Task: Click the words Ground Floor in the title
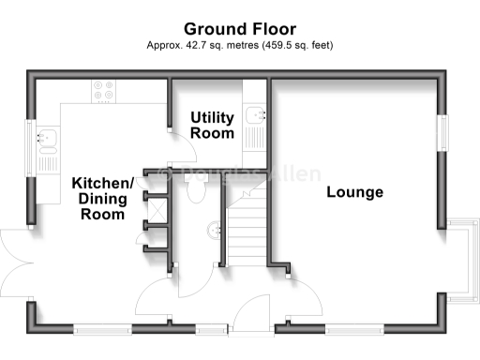pyautogui.click(x=240, y=28)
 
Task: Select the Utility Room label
pyautogui.click(x=212, y=125)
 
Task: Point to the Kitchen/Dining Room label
pyautogui.click(x=103, y=198)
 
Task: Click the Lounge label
pyautogui.click(x=355, y=192)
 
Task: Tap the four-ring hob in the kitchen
pyautogui.click(x=103, y=92)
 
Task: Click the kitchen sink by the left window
pyautogui.click(x=47, y=141)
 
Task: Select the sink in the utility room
pyautogui.click(x=254, y=116)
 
